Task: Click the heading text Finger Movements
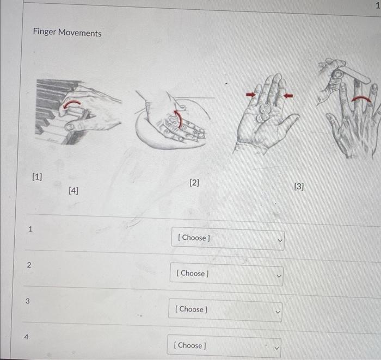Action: tap(67, 33)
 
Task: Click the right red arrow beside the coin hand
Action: tap(288, 96)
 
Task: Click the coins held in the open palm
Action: tap(265, 111)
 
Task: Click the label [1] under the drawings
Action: tap(37, 177)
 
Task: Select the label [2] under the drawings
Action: tap(194, 183)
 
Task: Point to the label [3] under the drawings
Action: tap(299, 187)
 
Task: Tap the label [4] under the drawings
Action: tap(73, 191)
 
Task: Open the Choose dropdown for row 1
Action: tap(228, 238)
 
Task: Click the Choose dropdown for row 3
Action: tap(225, 310)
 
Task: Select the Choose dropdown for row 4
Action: tap(224, 345)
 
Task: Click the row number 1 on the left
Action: tap(30, 229)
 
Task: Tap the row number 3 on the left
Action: tap(27, 301)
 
